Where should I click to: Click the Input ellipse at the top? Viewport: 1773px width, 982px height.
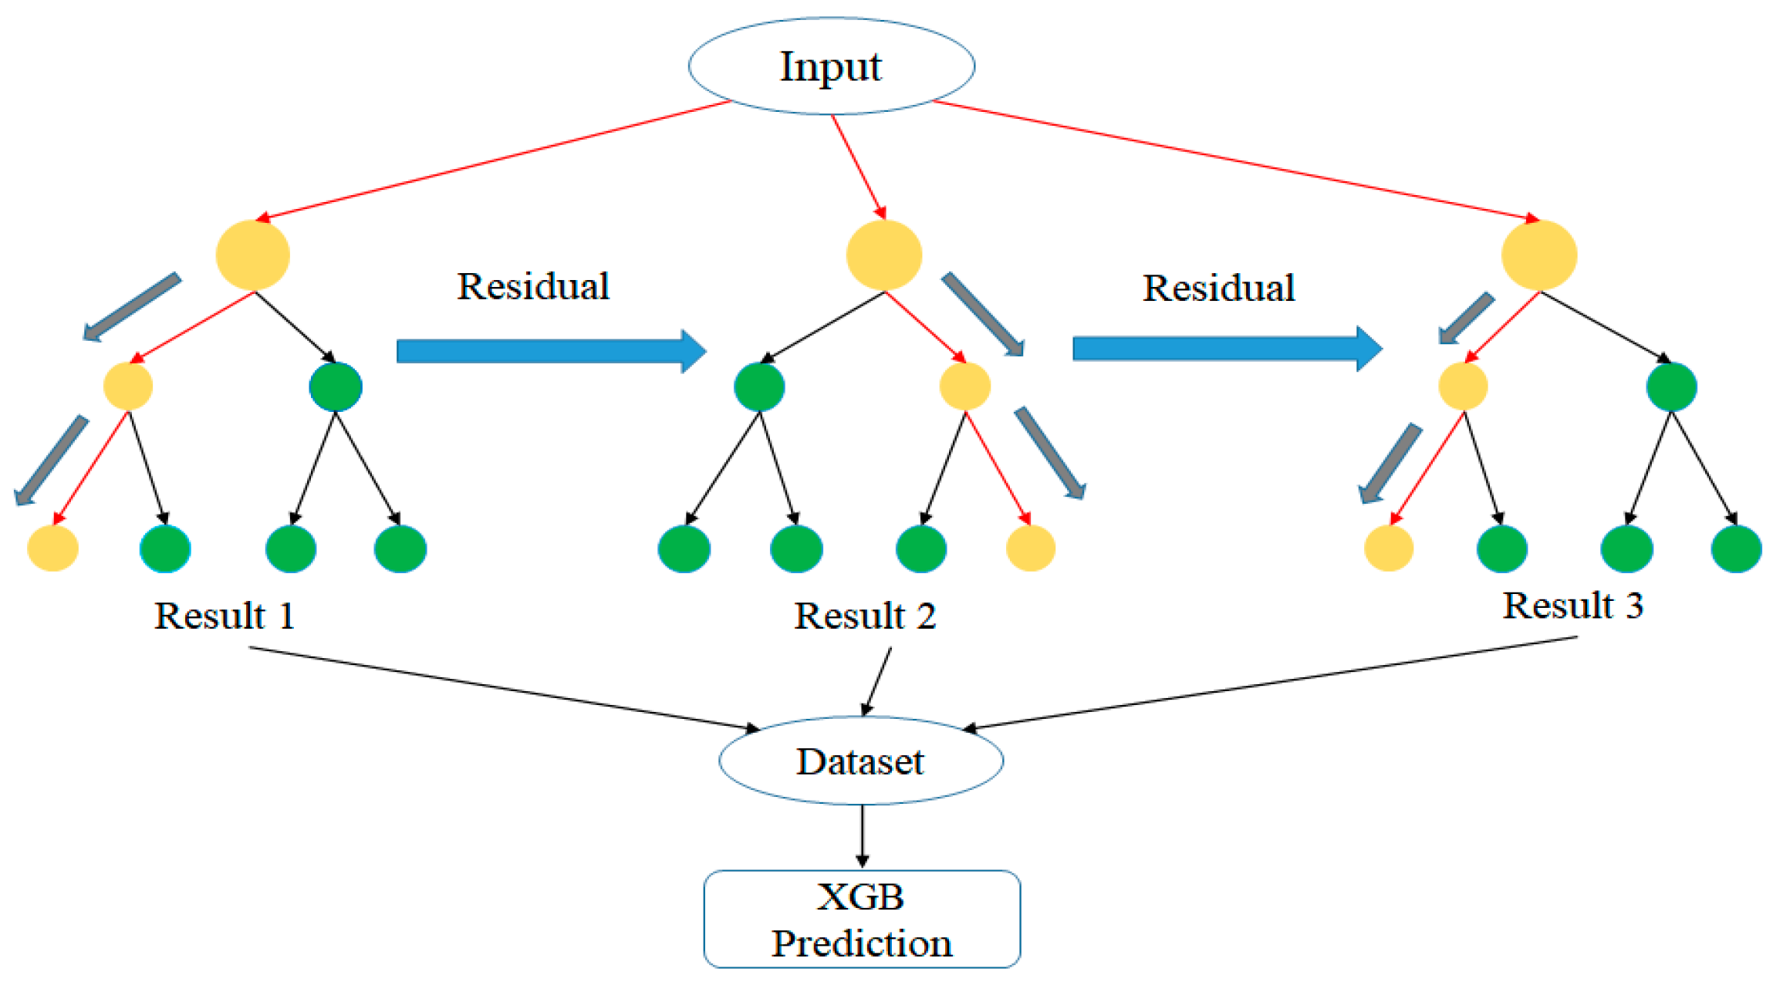pyautogui.click(x=831, y=66)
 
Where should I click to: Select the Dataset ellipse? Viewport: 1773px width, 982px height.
pyautogui.click(x=860, y=761)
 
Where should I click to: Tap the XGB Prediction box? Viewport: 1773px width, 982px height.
pyautogui.click(x=862, y=919)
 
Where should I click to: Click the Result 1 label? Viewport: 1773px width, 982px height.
pyautogui.click(x=225, y=616)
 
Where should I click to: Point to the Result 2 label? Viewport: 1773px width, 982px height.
pyautogui.click(x=865, y=616)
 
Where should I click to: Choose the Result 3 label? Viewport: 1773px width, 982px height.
pyautogui.click(x=1572, y=606)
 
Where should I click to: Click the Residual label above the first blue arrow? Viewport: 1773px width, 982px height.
pyautogui.click(x=533, y=286)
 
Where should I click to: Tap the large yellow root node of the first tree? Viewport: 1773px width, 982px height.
pyautogui.click(x=253, y=255)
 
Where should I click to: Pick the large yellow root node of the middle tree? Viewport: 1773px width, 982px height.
pyautogui.click(x=884, y=255)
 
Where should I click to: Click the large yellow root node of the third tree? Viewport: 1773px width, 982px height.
pyautogui.click(x=1538, y=255)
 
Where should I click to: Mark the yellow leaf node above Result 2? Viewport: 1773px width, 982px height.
pyautogui.click(x=1030, y=548)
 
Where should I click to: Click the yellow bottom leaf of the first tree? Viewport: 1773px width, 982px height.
pyautogui.click(x=52, y=548)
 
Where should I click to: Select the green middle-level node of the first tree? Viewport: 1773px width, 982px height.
pyautogui.click(x=336, y=386)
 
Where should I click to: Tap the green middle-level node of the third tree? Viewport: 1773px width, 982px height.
pyautogui.click(x=1671, y=386)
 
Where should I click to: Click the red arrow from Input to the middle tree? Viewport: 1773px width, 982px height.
pyautogui.click(x=858, y=167)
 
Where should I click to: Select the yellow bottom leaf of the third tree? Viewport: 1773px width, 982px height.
pyautogui.click(x=1388, y=548)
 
